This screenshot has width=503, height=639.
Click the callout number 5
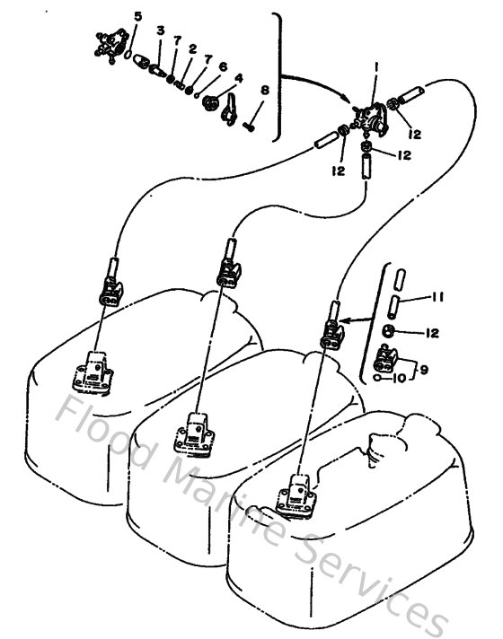pos(137,17)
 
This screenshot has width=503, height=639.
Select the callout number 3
pos(160,31)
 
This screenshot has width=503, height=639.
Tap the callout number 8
pos(264,90)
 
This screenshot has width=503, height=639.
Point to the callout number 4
pos(239,78)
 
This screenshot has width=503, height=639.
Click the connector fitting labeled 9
pos(388,362)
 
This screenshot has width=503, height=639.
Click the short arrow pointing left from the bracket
pos(353,317)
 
